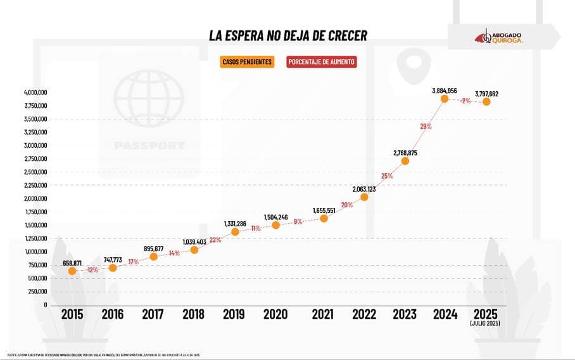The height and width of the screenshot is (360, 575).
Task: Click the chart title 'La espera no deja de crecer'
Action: pyautogui.click(x=287, y=35)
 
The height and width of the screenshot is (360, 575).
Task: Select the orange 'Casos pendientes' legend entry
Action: pyautogui.click(x=247, y=62)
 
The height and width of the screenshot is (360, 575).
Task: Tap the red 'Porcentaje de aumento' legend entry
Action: pyautogui.click(x=322, y=62)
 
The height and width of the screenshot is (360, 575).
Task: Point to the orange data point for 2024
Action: pyautogui.click(x=445, y=99)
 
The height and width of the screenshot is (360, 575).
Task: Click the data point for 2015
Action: pyautogui.click(x=72, y=271)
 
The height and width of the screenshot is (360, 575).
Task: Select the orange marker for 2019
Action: pyautogui.click(x=235, y=231)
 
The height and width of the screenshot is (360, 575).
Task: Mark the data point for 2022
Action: pyautogui.click(x=364, y=196)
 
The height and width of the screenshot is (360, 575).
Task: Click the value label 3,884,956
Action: pyautogui.click(x=444, y=89)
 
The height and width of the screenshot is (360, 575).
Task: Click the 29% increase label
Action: pyautogui.click(x=426, y=127)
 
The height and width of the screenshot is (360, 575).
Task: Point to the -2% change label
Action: pyautogui.click(x=465, y=101)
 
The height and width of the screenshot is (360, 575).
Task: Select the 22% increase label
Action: pyautogui.click(x=215, y=240)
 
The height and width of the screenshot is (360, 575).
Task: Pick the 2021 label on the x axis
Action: pyautogui.click(x=324, y=314)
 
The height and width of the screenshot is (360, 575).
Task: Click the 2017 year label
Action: pyautogui.click(x=153, y=314)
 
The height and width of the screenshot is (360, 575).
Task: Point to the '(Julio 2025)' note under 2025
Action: pyautogui.click(x=486, y=324)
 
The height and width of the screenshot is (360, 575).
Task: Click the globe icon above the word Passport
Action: pyautogui.click(x=149, y=98)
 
